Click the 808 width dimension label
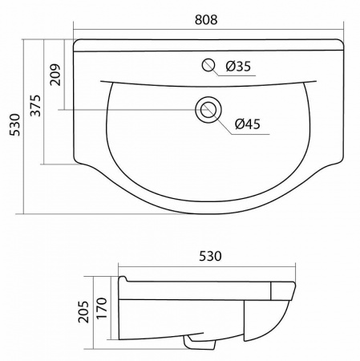pyautogui.click(x=206, y=20)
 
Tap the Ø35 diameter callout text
pyautogui.click(x=238, y=67)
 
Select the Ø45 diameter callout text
pyautogui.click(x=248, y=124)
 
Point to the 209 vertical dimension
pyautogui.click(x=55, y=75)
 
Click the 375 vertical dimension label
pyautogui.click(x=35, y=105)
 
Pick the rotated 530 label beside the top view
pyautogui.click(x=14, y=125)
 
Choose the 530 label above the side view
pyautogui.click(x=210, y=256)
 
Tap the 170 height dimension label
pyautogui.click(x=102, y=308)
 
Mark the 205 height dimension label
pyautogui.click(x=83, y=312)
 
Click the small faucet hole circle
pyautogui.click(x=208, y=65)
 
